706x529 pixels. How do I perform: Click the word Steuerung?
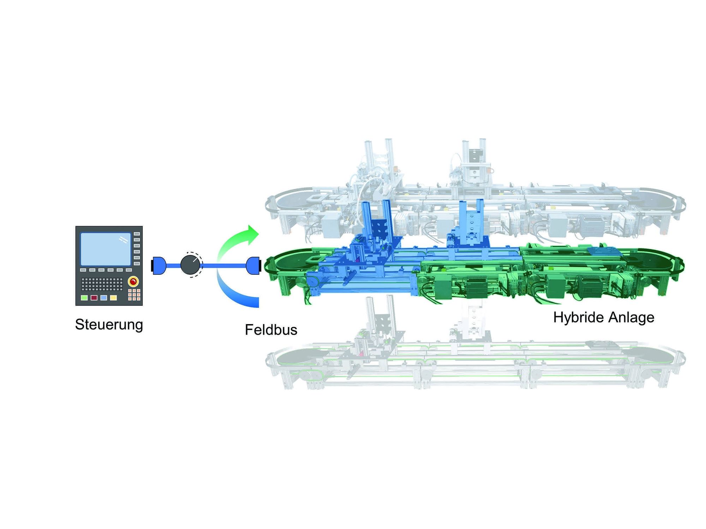click(x=109, y=325)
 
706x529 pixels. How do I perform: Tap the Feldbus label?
click(x=271, y=330)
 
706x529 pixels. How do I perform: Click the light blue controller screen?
click(x=106, y=249)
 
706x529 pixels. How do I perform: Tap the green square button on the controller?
click(x=84, y=298)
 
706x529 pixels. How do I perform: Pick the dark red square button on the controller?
click(x=94, y=298)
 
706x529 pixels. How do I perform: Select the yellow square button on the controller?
click(x=113, y=298)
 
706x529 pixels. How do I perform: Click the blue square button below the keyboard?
click(x=103, y=298)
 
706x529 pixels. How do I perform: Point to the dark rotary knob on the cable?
click(x=191, y=265)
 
